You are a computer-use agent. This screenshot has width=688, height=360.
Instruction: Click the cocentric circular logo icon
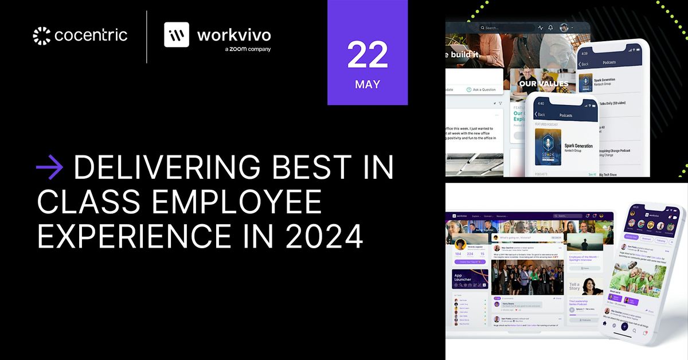coord(42,36)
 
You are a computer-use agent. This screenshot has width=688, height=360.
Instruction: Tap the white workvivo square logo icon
coord(177,34)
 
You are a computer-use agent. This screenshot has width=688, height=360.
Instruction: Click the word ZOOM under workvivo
coord(240,49)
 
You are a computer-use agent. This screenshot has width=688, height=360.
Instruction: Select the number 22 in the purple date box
coord(368,55)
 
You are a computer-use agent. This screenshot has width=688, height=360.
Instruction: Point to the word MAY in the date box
coord(368,85)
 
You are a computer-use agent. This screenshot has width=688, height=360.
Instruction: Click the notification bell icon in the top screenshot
coord(550,28)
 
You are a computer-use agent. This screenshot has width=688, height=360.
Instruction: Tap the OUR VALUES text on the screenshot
coord(543,84)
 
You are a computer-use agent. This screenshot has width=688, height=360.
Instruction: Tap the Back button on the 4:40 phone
coord(539,114)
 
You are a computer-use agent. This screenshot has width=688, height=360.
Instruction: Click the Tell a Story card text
coord(574,286)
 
